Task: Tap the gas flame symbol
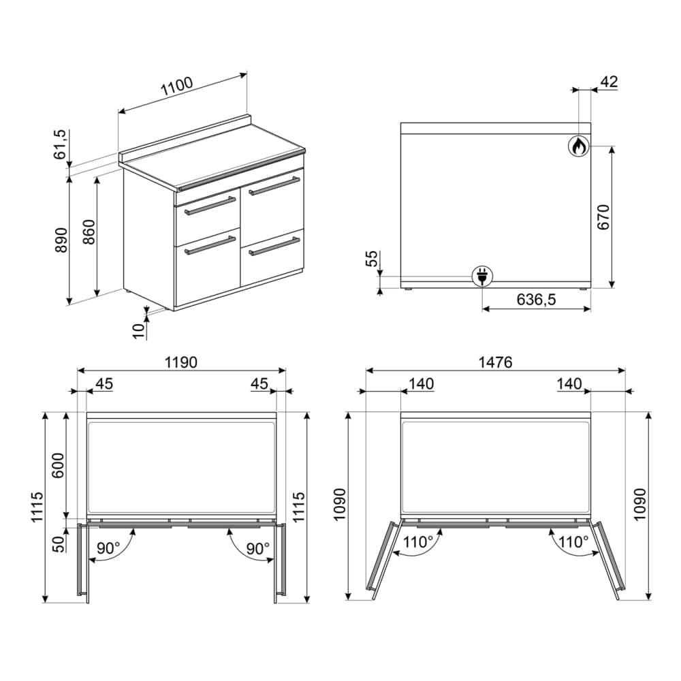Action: (x=578, y=146)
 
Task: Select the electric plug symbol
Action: (x=483, y=276)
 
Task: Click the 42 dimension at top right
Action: (x=607, y=82)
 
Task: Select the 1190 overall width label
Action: (x=180, y=362)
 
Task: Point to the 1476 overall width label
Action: (x=496, y=362)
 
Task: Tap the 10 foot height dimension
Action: (x=139, y=330)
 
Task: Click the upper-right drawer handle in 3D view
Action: (x=274, y=186)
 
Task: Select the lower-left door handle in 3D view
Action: (x=210, y=245)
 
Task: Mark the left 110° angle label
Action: (x=417, y=543)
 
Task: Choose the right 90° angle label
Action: (x=257, y=548)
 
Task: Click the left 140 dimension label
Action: (x=422, y=384)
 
